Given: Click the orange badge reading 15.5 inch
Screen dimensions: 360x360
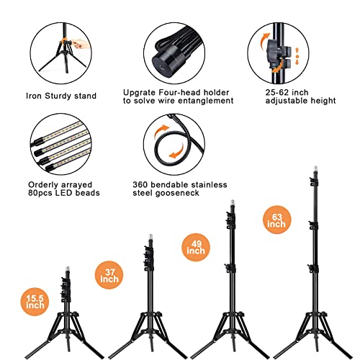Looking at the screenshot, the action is [35, 302].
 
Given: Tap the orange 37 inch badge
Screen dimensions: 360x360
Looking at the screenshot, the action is [109, 275].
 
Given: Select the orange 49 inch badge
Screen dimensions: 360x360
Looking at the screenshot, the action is [196, 248].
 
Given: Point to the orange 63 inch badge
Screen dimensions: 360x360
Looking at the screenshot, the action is [276, 220].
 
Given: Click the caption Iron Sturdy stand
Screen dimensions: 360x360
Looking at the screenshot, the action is [61, 96].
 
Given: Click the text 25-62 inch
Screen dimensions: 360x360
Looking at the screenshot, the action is [287, 92].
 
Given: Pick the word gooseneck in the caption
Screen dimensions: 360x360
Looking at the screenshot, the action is [178, 193].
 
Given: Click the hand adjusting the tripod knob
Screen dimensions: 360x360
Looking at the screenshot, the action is [81, 44].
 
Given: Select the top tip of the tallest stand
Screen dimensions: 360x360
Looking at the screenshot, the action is [315, 166].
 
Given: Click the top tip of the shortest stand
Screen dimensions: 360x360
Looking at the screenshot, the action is [68, 267].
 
